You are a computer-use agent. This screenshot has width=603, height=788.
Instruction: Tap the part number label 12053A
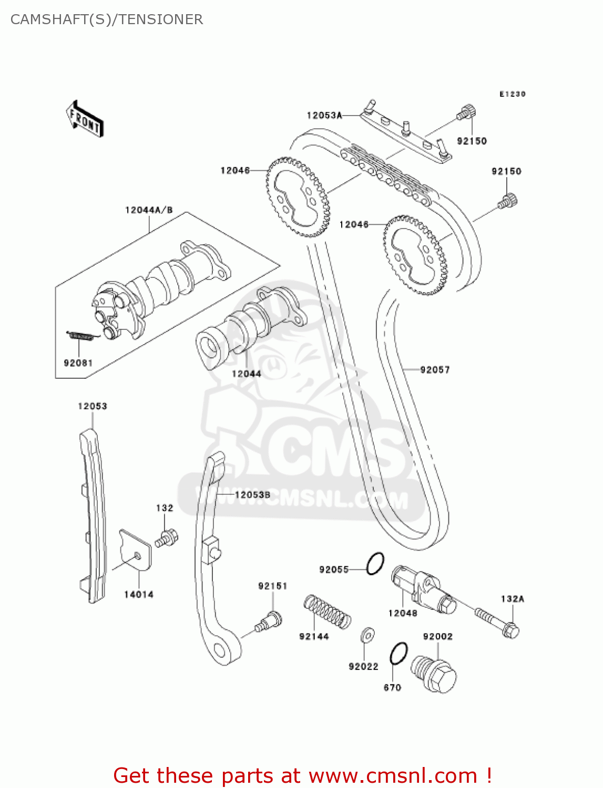[x=324, y=116]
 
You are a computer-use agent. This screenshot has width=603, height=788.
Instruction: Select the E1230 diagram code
[x=512, y=94]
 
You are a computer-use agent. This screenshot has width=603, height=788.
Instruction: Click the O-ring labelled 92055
[x=375, y=564]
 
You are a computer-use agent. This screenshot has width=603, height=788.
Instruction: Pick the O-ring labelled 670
[x=398, y=654]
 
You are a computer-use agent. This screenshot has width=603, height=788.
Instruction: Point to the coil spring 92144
[x=328, y=611]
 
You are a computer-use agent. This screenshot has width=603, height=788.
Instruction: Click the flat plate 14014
[x=136, y=549]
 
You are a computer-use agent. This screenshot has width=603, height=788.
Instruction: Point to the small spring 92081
[x=82, y=335]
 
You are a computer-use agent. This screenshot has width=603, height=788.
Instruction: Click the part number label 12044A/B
[x=149, y=210]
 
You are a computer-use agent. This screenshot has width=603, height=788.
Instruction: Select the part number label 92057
[x=435, y=370]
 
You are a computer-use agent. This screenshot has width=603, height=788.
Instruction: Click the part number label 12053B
[x=252, y=495]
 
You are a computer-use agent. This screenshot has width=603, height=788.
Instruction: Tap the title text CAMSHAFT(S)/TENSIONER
[x=107, y=19]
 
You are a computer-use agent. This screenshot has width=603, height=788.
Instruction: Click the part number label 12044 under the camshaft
[x=247, y=374]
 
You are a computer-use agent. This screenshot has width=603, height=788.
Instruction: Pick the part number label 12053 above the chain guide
[x=93, y=406]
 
